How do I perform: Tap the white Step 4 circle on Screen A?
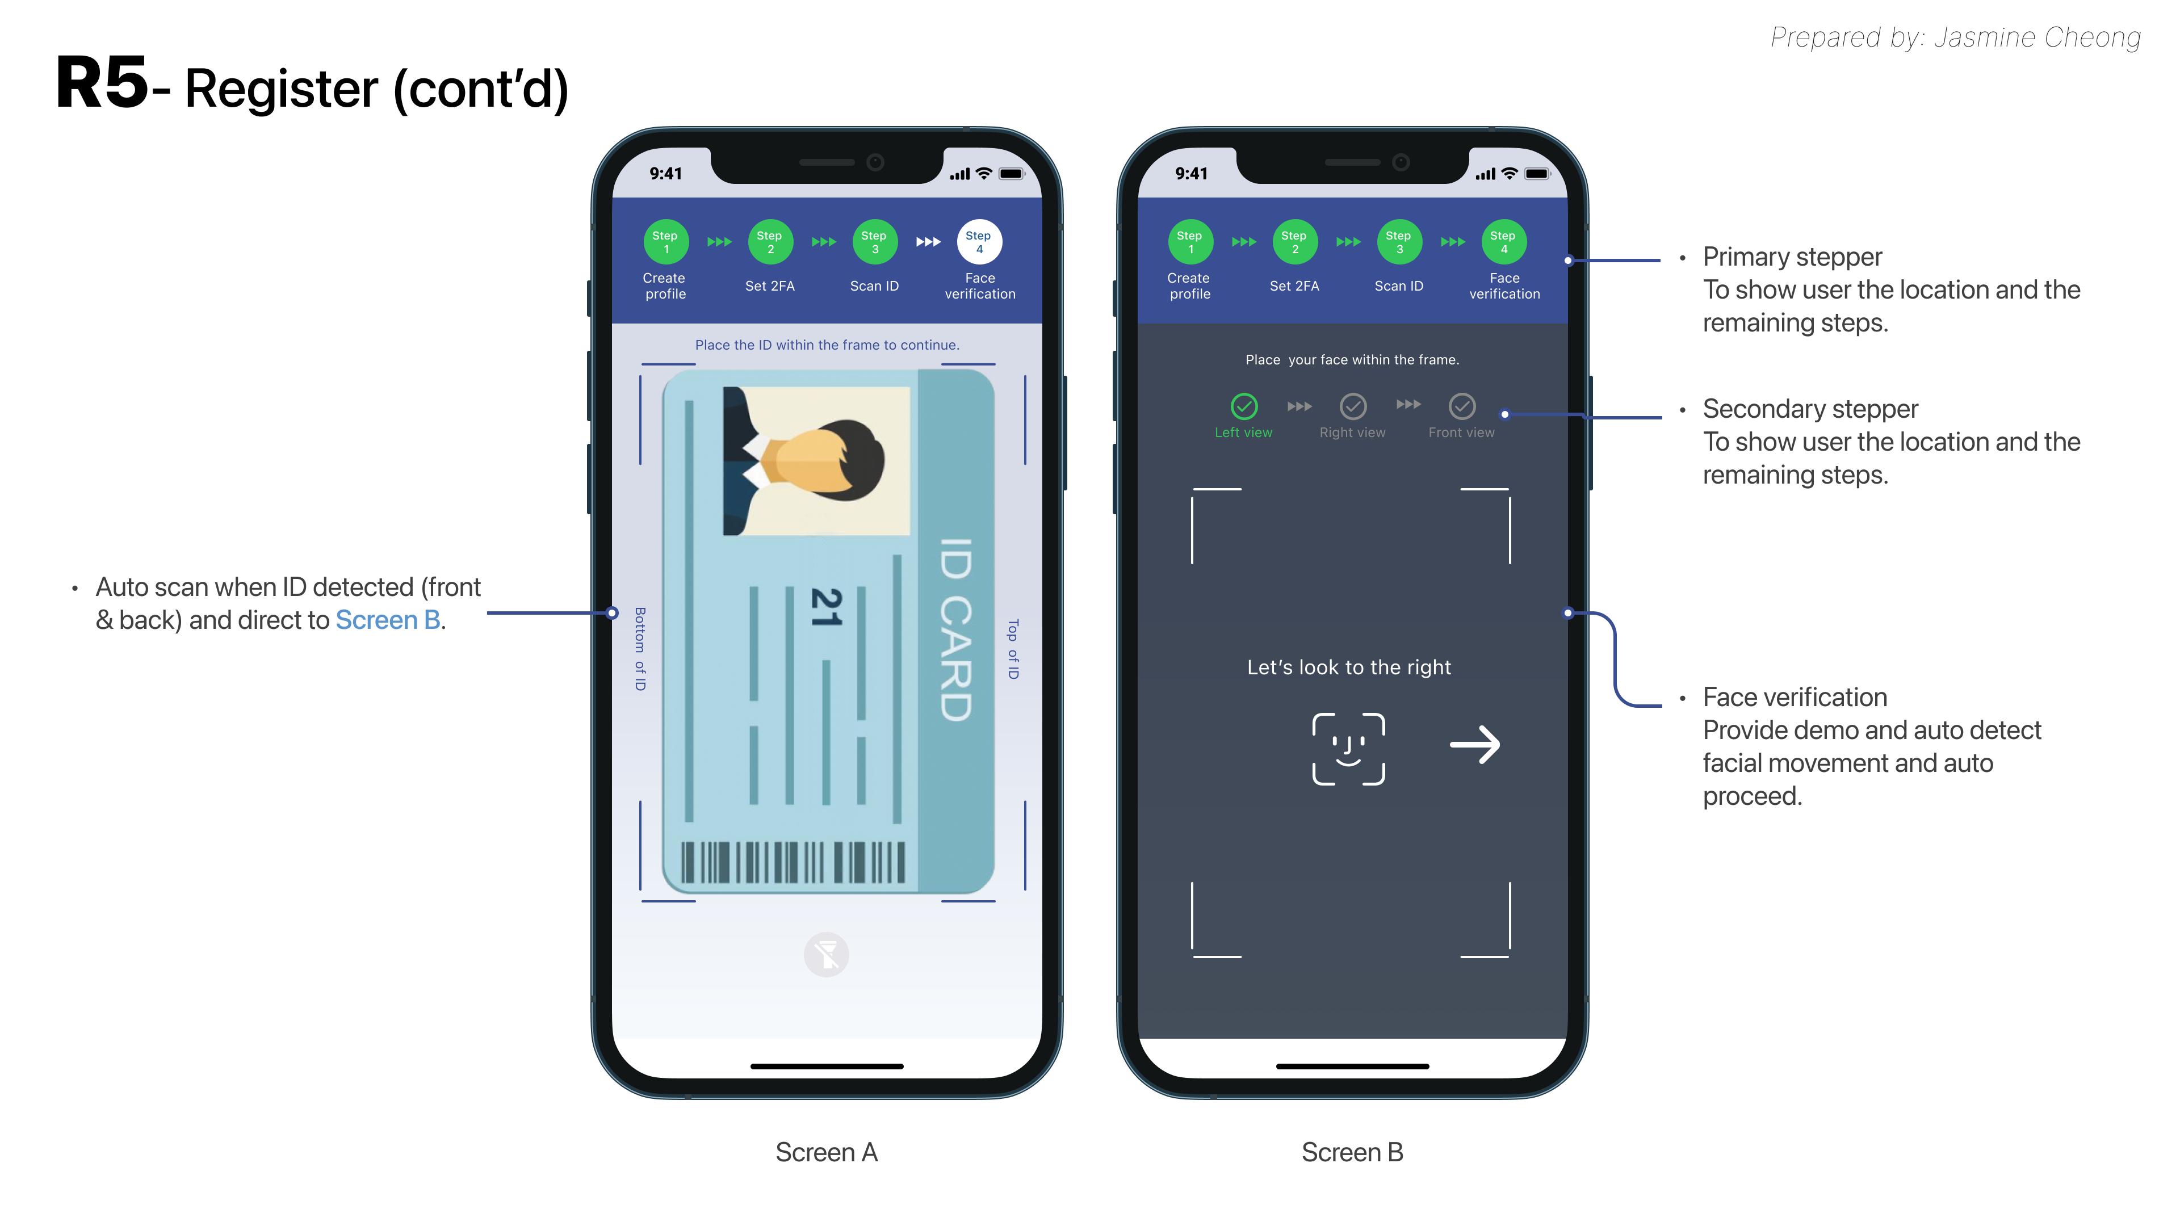click(979, 242)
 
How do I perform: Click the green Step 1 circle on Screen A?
click(665, 242)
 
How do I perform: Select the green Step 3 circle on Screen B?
click(1399, 242)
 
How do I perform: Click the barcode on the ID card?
click(793, 862)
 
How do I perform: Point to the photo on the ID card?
click(816, 461)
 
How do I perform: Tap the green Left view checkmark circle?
click(1243, 406)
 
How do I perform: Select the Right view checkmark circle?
click(1352, 406)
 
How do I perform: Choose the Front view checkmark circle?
click(1461, 406)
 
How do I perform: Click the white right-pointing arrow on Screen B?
click(1474, 745)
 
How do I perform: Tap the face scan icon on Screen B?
click(1348, 749)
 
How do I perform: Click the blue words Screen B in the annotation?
click(388, 620)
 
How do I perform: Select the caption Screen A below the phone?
click(827, 1152)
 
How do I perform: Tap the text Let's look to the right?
click(1349, 667)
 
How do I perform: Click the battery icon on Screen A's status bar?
click(1011, 174)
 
